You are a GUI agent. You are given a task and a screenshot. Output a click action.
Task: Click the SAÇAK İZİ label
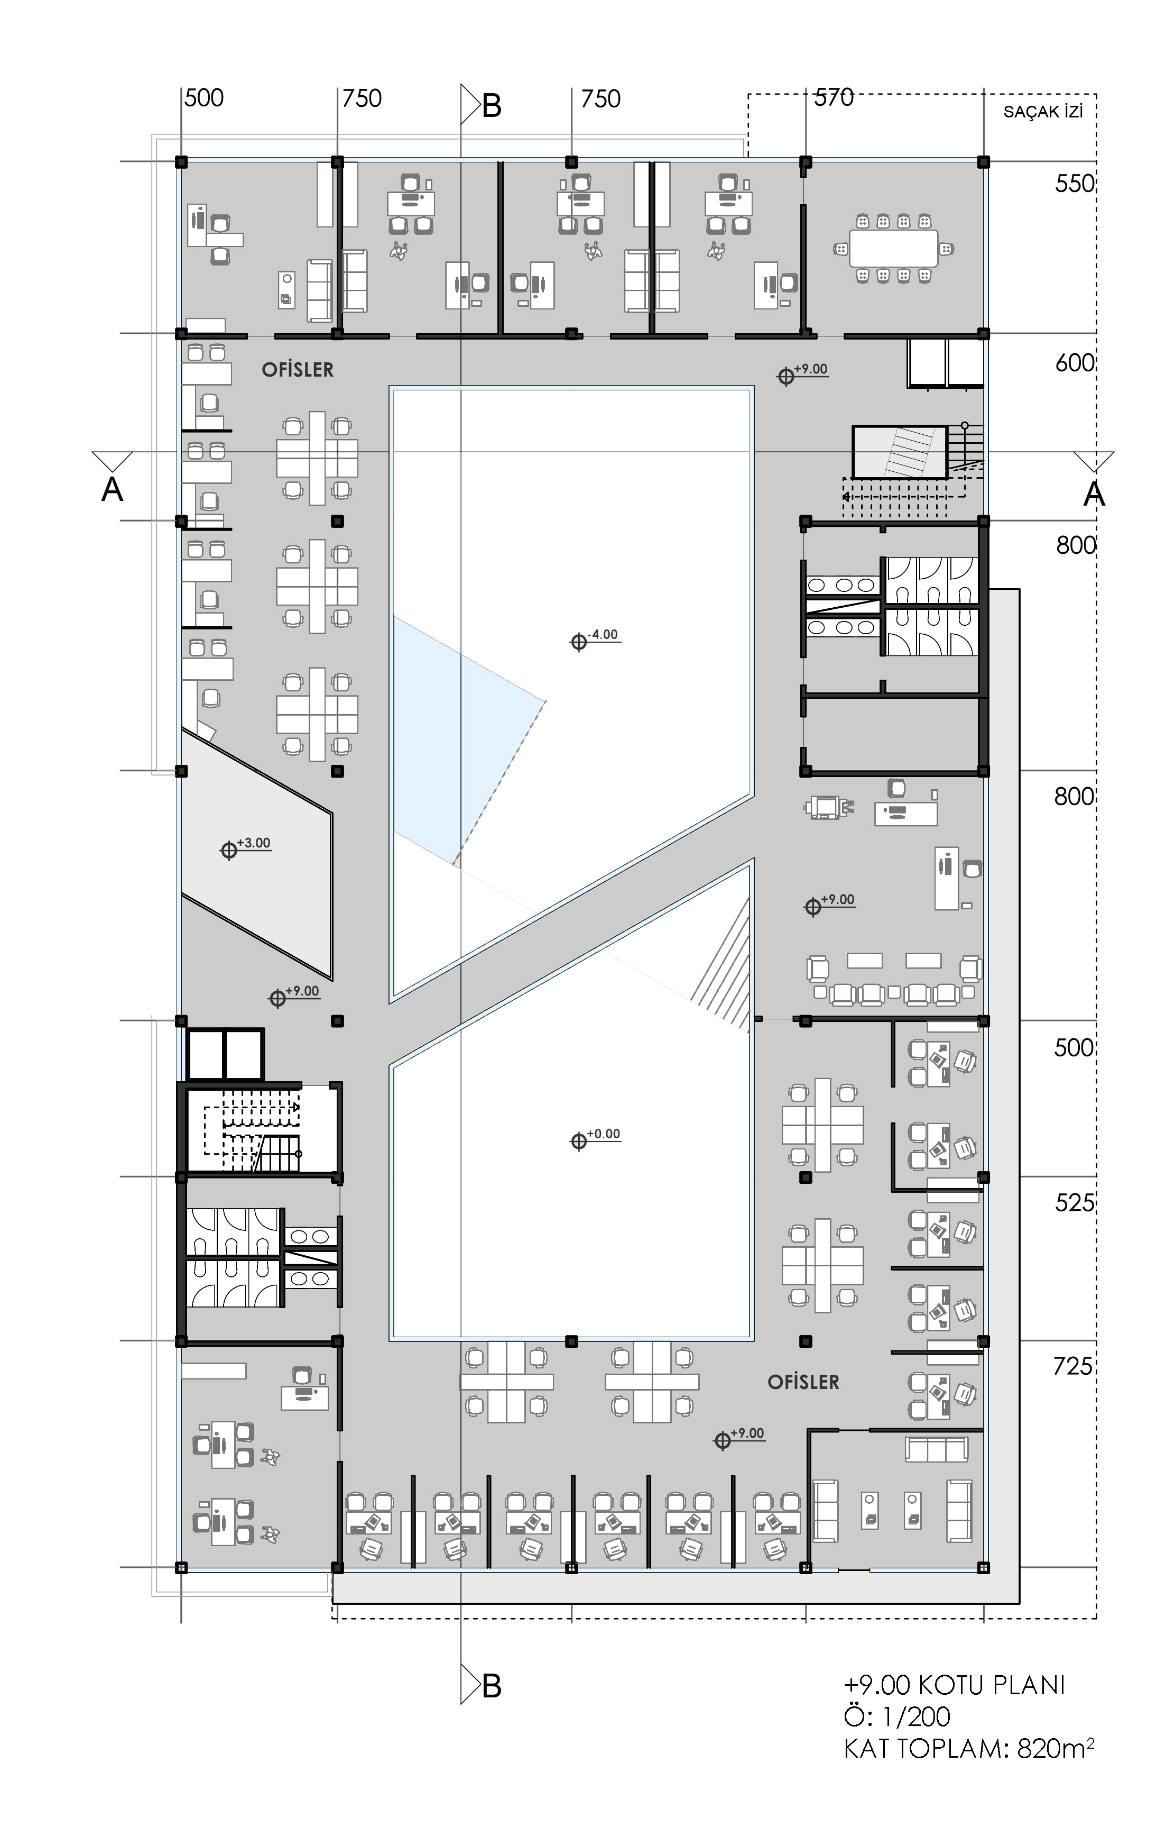1043,112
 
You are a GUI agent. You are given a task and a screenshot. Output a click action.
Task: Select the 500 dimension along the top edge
205,98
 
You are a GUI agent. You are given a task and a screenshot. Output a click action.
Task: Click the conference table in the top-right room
893,248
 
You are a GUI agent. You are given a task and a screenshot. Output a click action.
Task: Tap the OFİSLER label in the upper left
298,370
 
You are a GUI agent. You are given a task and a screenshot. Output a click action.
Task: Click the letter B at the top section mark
492,106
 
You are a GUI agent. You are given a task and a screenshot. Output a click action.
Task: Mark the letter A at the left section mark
112,489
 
